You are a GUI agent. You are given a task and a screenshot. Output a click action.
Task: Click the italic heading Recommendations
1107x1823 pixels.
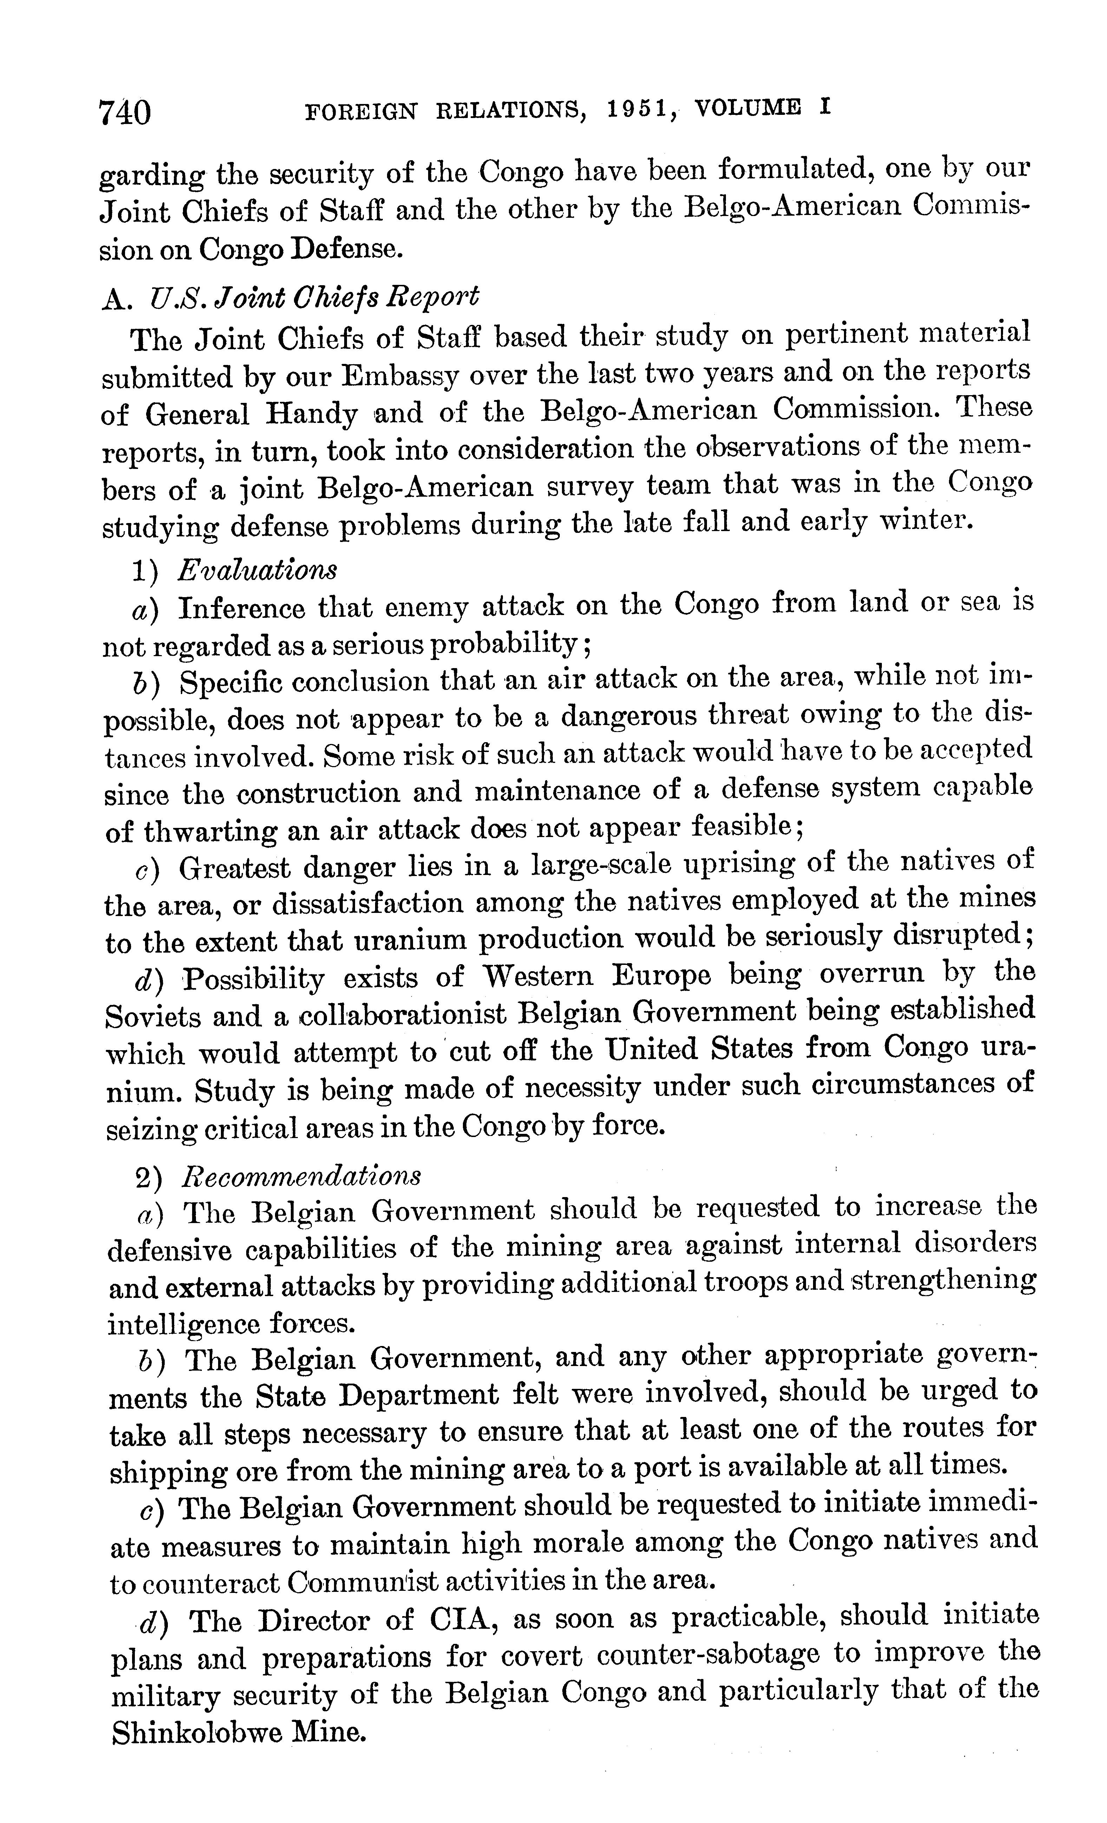(x=302, y=1175)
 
